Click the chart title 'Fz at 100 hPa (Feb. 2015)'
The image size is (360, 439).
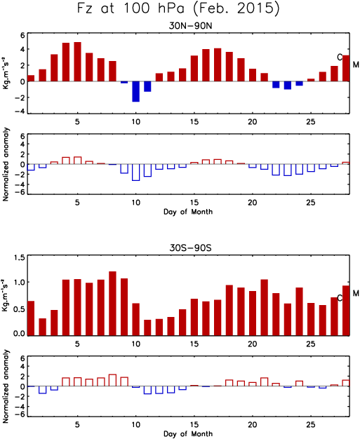tap(178, 8)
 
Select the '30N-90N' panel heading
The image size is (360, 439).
tap(190, 26)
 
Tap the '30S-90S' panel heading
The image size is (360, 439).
tap(190, 248)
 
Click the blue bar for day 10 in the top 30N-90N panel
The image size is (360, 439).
tap(136, 92)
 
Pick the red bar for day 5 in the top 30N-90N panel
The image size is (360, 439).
tap(78, 62)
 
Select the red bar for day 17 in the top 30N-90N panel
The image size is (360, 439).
tap(218, 65)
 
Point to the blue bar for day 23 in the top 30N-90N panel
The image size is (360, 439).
tap(288, 86)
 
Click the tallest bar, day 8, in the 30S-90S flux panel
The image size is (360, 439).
tap(112, 304)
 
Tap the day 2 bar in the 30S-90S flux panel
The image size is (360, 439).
tap(43, 327)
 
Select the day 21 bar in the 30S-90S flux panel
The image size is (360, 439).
tap(264, 307)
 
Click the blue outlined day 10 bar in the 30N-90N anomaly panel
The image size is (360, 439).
tap(136, 173)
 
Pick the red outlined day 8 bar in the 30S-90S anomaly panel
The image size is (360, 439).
tap(112, 380)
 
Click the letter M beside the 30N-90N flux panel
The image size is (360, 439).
tap(356, 65)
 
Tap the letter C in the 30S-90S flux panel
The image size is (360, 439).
tap(340, 298)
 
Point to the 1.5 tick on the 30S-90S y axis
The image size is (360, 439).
tap(19, 257)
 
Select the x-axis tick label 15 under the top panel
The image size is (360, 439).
tap(194, 122)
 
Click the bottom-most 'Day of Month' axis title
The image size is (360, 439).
tap(188, 433)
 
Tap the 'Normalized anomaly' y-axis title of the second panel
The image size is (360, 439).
tap(6, 164)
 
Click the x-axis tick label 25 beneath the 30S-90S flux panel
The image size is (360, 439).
tap(311, 344)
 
